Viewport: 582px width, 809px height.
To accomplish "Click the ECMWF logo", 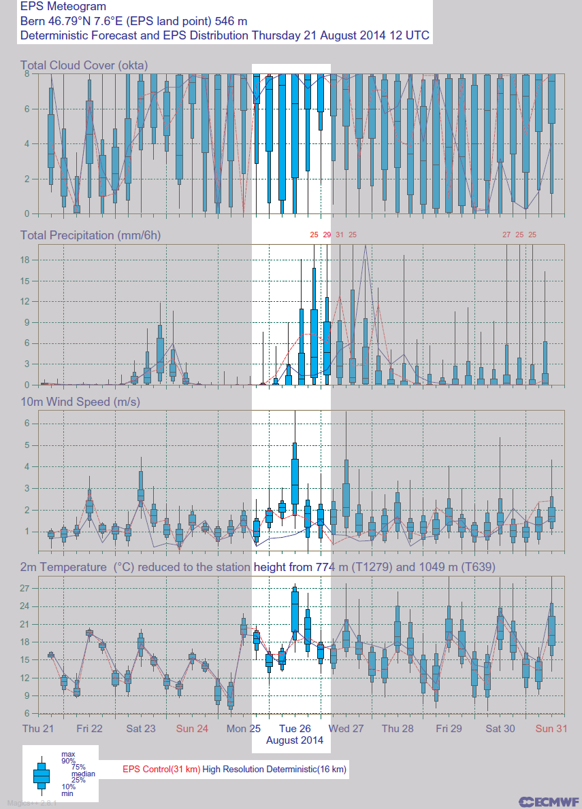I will coord(549,802).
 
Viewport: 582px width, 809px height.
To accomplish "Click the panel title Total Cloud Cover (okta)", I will coord(84,65).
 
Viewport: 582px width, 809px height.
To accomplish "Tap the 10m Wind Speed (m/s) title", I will coord(80,402).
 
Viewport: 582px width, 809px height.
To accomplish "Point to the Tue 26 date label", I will coord(295,729).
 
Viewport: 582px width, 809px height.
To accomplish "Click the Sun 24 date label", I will coord(192,729).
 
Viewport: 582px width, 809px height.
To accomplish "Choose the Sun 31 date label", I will coord(551,729).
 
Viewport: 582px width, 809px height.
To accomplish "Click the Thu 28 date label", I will coord(398,729).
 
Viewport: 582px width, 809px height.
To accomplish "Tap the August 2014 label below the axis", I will coord(294,740).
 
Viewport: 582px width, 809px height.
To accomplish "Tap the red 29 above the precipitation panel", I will coord(327,235).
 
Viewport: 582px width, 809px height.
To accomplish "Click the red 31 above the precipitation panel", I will coord(340,235).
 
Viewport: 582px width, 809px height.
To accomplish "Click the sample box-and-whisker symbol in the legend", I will coord(42,774).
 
